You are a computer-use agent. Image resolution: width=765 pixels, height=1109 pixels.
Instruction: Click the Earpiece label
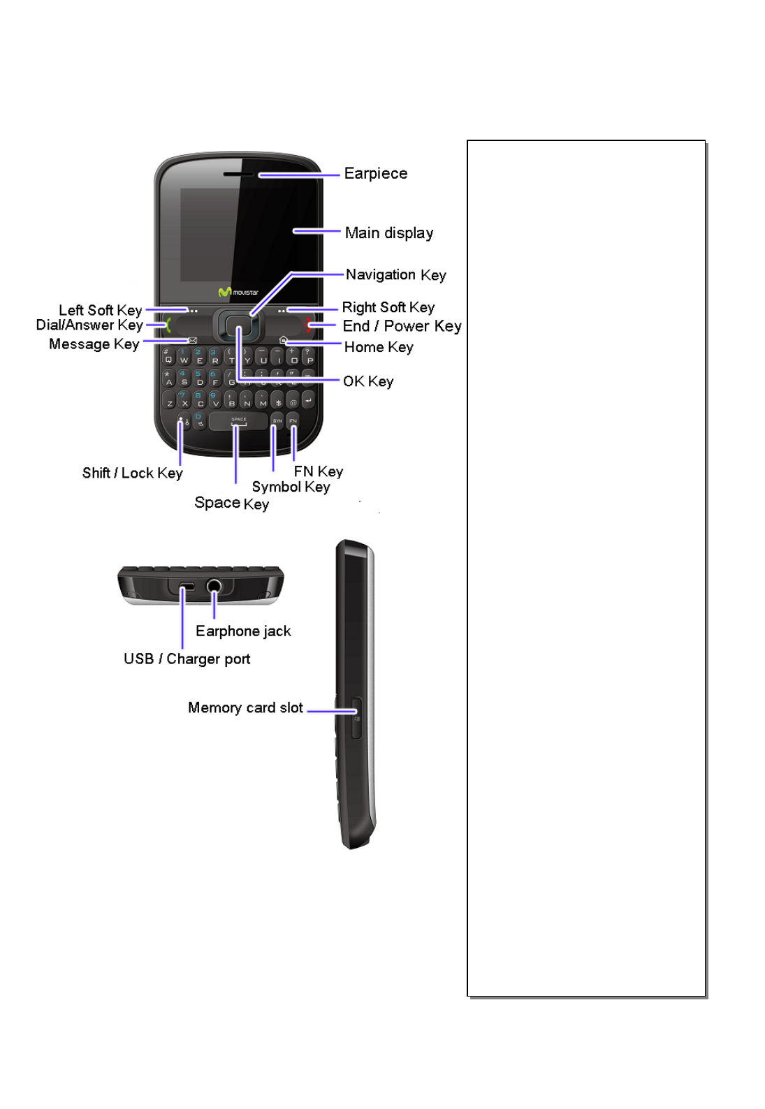coord(375,173)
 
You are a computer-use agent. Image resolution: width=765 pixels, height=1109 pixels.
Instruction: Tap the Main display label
coord(388,233)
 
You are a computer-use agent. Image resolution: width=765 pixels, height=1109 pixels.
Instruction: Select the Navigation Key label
coord(395,274)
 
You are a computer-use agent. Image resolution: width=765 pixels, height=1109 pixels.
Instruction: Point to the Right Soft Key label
coord(388,307)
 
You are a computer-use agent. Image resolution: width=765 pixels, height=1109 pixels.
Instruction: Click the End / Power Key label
coord(402,326)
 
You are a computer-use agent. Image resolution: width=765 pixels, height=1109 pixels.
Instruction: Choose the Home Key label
coord(378,347)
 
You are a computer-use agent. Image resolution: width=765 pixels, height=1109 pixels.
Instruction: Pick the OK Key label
coord(367,381)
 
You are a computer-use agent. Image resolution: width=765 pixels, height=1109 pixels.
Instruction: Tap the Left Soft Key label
coord(100,310)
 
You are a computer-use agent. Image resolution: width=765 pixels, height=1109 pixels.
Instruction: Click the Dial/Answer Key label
coord(89,325)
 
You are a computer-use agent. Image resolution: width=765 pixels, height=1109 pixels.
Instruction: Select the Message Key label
coord(94,344)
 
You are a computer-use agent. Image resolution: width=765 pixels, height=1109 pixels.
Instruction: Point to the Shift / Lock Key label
coord(132,473)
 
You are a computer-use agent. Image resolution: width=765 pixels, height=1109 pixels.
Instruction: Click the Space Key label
coord(231,503)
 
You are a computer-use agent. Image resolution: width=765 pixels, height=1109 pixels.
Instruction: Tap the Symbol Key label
coord(291,487)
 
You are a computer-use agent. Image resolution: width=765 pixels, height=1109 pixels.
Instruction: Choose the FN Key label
coord(318,471)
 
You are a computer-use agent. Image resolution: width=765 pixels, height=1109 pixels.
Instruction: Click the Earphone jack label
coord(243,631)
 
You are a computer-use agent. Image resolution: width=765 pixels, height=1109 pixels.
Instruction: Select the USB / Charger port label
coord(187,659)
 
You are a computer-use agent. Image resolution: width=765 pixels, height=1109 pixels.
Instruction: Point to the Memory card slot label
coord(245,707)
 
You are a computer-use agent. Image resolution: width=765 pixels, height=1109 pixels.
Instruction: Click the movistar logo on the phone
coord(238,292)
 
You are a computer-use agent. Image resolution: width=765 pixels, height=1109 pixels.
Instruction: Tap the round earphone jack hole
coord(214,586)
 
